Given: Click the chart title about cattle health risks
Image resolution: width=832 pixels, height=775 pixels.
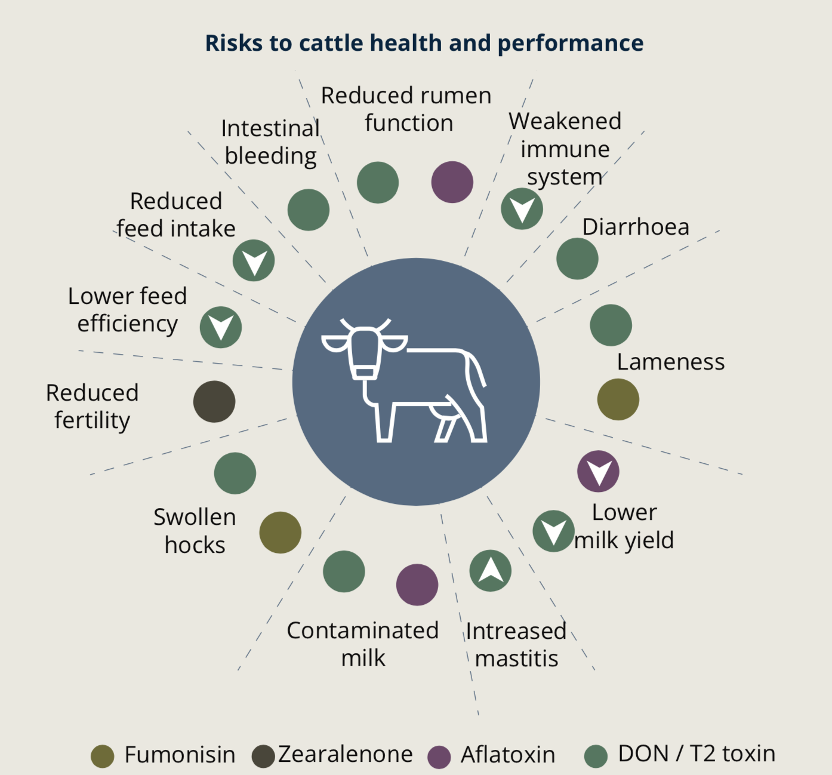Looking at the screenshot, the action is (x=424, y=43).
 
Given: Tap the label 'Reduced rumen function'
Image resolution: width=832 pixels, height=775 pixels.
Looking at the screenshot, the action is (x=406, y=109).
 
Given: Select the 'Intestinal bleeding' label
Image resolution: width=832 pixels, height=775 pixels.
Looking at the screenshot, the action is (x=270, y=142).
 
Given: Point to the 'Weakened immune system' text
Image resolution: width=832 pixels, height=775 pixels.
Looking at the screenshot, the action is (x=565, y=149).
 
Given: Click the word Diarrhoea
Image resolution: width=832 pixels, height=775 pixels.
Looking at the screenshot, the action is (x=636, y=227).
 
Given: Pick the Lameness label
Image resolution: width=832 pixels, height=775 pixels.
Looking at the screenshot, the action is (x=671, y=362).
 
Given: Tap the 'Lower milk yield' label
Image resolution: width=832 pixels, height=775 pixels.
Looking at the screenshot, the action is (x=624, y=526).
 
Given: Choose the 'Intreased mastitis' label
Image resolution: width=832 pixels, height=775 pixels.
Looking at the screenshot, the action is (x=516, y=644).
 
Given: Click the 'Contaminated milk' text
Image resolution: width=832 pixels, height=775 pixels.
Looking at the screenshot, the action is (x=363, y=644).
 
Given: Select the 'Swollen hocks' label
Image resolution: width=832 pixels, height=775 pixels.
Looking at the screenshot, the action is (x=195, y=531).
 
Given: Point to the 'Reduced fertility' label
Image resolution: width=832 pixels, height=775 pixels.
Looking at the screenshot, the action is (x=92, y=406).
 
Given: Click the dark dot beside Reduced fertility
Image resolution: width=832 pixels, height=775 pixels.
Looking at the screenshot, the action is (x=214, y=402).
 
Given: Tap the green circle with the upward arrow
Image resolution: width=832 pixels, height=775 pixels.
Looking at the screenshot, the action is (x=490, y=571).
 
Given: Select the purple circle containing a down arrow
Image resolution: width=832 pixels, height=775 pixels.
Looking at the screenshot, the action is (x=598, y=471).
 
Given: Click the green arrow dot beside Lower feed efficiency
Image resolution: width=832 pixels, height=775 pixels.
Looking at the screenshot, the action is (x=221, y=327).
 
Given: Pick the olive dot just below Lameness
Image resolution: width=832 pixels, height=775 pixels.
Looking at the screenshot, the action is (x=618, y=399).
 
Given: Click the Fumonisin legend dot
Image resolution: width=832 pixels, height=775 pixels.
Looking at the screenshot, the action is (x=103, y=756).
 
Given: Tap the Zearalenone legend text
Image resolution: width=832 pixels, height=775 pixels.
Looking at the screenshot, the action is (x=346, y=754).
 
